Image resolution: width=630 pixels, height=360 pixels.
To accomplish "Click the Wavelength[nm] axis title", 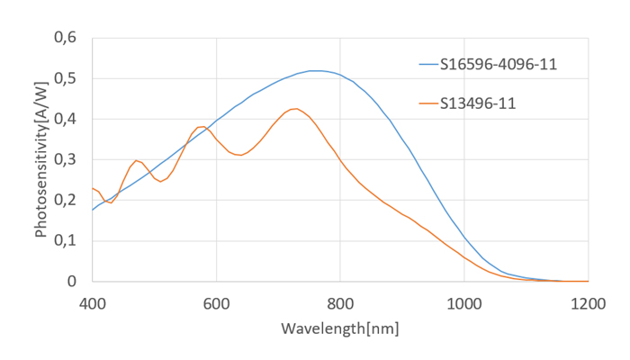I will [x=339, y=327].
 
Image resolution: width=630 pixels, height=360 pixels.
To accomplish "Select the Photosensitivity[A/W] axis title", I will [x=40, y=159].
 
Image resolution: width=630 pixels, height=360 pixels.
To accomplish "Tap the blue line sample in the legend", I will [x=427, y=64].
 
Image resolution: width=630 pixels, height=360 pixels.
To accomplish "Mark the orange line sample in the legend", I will [x=427, y=103].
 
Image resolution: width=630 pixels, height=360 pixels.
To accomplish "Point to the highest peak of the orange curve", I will [x=294, y=108].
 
